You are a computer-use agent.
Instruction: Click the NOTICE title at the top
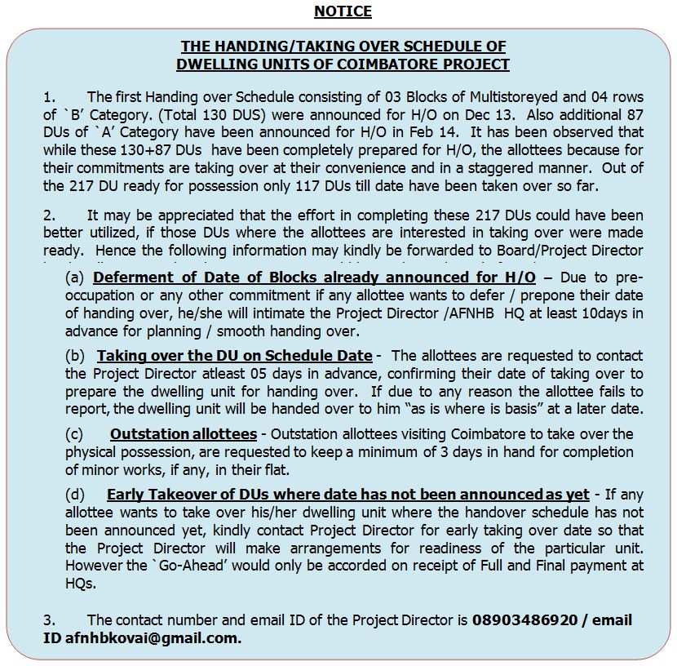point(343,11)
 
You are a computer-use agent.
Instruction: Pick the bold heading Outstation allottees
point(184,434)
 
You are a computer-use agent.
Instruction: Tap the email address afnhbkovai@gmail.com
point(153,638)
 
